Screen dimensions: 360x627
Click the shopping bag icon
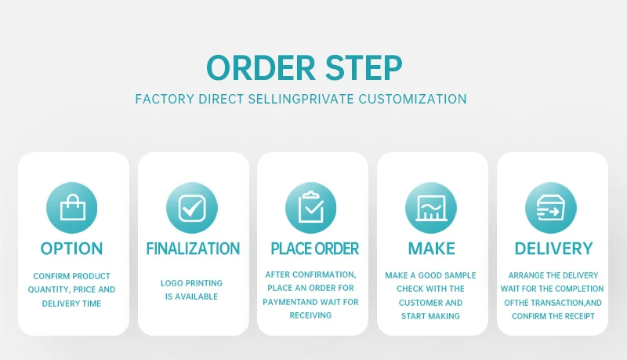pos(73,208)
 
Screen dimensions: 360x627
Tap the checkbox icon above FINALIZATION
pos(192,208)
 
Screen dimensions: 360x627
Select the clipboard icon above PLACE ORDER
pos(311,207)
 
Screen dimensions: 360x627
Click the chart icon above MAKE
pos(430,208)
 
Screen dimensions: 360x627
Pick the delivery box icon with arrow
pos(550,208)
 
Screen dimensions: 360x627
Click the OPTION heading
pos(72,249)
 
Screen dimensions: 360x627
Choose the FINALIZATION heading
pos(193,249)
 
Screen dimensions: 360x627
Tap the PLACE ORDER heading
pos(314,249)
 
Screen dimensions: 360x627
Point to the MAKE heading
pos(431,249)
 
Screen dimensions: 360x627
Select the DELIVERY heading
pos(553,249)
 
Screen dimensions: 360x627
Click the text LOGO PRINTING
pos(191,283)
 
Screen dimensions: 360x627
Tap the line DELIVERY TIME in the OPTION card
pos(72,304)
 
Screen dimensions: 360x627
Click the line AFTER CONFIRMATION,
pos(311,275)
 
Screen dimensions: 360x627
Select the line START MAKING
pos(430,316)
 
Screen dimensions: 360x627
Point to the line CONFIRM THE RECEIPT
pos(553,316)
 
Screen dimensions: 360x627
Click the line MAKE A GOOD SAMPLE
pos(430,276)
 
